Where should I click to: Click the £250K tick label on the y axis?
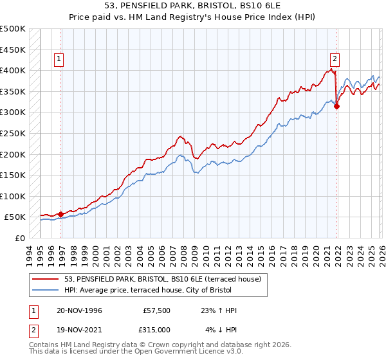coord(13,133)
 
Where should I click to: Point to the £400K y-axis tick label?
coord(13,70)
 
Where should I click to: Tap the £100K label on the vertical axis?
coord(13,196)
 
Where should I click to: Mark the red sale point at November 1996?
coord(61,214)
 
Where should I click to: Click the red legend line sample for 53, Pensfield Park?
coord(46,280)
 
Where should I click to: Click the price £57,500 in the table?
coord(156,310)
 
